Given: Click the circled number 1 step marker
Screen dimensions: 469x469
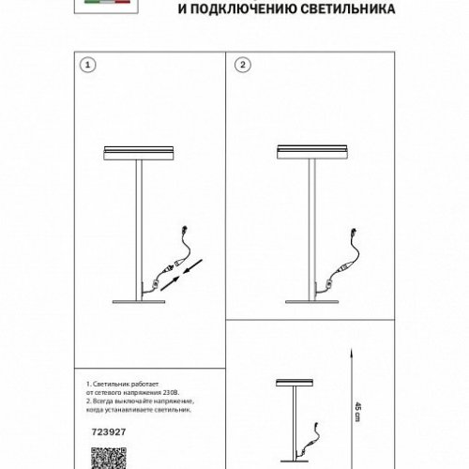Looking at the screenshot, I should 87,67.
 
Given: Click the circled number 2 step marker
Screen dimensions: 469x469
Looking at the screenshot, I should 242,67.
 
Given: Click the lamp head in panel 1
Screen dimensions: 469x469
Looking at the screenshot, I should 139,154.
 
